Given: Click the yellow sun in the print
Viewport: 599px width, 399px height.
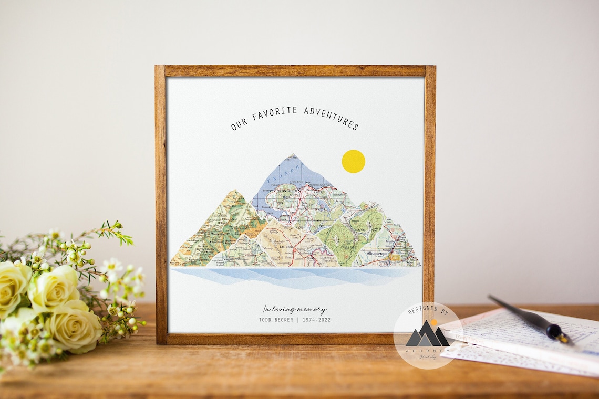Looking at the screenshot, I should click(x=353, y=161).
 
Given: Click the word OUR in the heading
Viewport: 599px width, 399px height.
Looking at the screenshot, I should click(x=239, y=124).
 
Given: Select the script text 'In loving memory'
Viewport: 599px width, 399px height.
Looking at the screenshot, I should click(x=295, y=309).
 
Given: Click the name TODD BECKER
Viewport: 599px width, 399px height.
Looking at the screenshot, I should click(x=276, y=320).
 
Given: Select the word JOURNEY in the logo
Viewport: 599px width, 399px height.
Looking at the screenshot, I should click(x=427, y=351).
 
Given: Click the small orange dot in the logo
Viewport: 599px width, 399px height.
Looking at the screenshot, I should click(x=433, y=322).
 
